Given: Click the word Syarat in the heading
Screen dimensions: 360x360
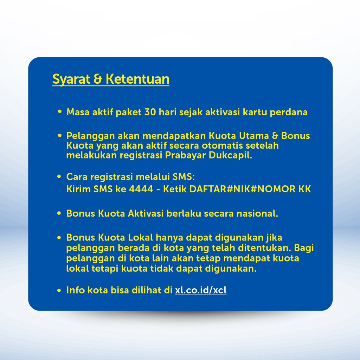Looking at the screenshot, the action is point(71,80).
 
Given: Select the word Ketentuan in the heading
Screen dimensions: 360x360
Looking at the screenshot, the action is point(137,79).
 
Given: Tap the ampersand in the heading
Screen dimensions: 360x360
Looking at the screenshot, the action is point(98,79).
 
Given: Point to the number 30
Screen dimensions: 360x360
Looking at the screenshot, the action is point(150,112).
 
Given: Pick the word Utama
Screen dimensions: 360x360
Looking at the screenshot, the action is point(254,136).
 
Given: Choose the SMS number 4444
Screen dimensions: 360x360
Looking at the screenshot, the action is point(141,189).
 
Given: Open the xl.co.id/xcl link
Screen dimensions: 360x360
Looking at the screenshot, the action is point(201,290).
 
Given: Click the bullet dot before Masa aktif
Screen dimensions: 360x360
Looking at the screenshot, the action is point(60,112).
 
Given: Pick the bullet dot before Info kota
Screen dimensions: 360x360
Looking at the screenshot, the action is point(59,290).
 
